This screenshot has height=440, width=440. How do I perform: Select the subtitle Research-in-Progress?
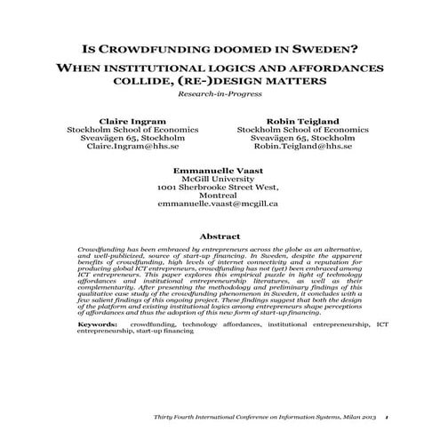[219, 92]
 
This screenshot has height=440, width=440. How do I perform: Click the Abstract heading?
[219, 236]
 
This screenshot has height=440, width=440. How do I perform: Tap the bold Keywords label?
[97, 325]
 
